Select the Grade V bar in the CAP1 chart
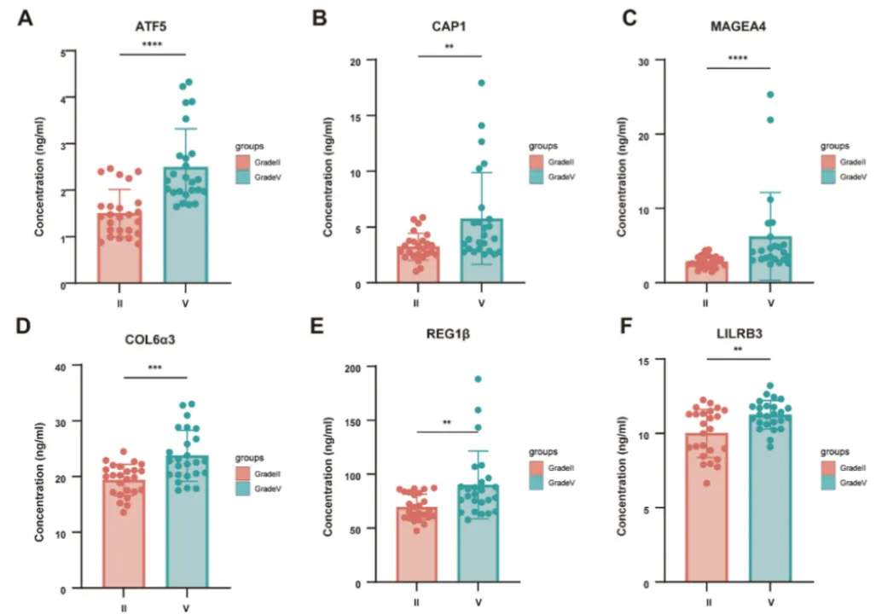[x=482, y=251]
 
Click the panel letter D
[x=25, y=327]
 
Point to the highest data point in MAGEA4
[x=770, y=95]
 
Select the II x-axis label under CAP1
[x=417, y=303]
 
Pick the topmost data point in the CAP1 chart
[x=481, y=83]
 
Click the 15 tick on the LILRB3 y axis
[x=645, y=361]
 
